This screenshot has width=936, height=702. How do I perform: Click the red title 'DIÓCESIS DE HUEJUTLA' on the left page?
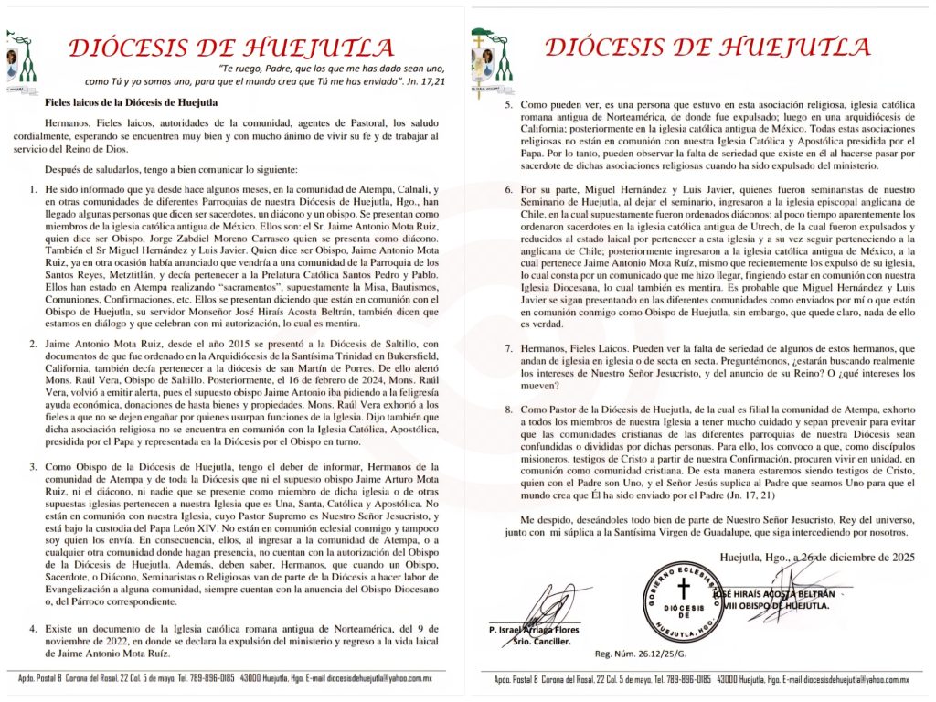pos(233,48)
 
